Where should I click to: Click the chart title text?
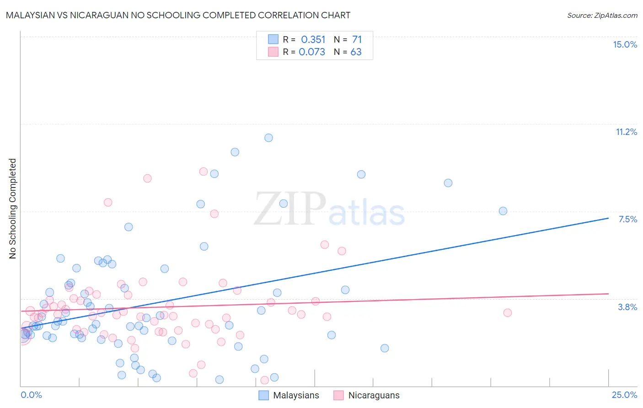click(x=178, y=15)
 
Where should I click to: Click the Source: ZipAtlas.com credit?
click(x=602, y=15)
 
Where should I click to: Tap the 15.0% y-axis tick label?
click(x=625, y=44)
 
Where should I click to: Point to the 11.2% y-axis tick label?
click(x=626, y=132)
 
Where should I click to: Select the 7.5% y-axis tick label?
click(x=627, y=219)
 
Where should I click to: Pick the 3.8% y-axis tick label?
click(x=627, y=307)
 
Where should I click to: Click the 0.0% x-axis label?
click(x=31, y=395)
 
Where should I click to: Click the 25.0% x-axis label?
click(x=624, y=395)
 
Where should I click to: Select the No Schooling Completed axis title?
click(x=12, y=209)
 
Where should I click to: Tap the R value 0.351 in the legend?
click(x=313, y=40)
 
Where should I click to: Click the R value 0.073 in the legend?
click(x=312, y=52)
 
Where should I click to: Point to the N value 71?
click(x=357, y=40)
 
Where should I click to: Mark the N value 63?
click(x=356, y=52)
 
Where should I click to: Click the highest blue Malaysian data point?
click(x=268, y=138)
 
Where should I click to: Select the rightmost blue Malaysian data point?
click(x=503, y=211)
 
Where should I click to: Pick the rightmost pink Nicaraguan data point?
click(x=507, y=313)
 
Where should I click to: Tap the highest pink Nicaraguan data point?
click(x=204, y=172)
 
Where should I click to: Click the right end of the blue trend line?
click(x=608, y=218)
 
